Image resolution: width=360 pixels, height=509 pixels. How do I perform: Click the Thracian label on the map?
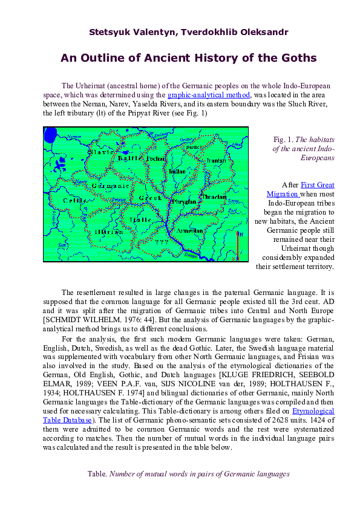(214, 197)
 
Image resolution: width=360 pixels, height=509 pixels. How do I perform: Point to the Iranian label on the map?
(216, 161)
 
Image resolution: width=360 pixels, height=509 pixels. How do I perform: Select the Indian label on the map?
(178, 172)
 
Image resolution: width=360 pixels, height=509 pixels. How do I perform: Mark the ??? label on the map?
(160, 241)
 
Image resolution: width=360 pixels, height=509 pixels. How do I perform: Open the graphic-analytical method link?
(209, 95)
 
